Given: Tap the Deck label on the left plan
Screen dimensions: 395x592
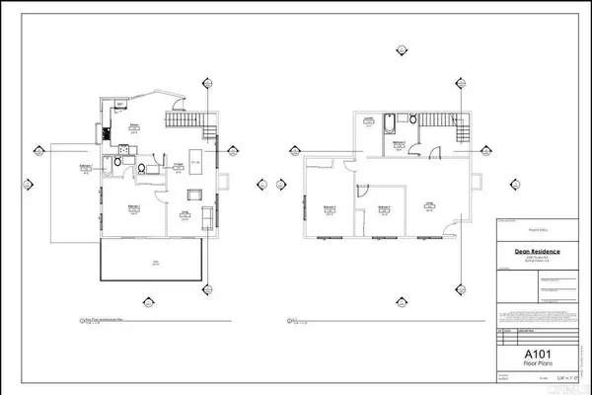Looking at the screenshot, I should (x=154, y=261).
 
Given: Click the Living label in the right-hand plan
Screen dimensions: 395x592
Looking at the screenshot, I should (x=430, y=204).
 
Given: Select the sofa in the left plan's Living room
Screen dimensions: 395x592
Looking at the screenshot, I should (x=208, y=215).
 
